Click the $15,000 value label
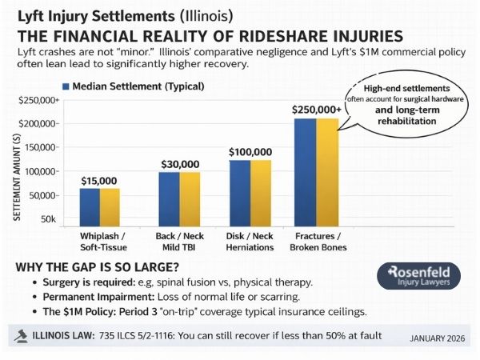coord(100,181)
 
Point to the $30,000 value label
coord(179,164)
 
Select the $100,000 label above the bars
coord(250,151)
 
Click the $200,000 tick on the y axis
coord(37,124)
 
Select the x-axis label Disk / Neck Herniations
coord(250,242)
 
